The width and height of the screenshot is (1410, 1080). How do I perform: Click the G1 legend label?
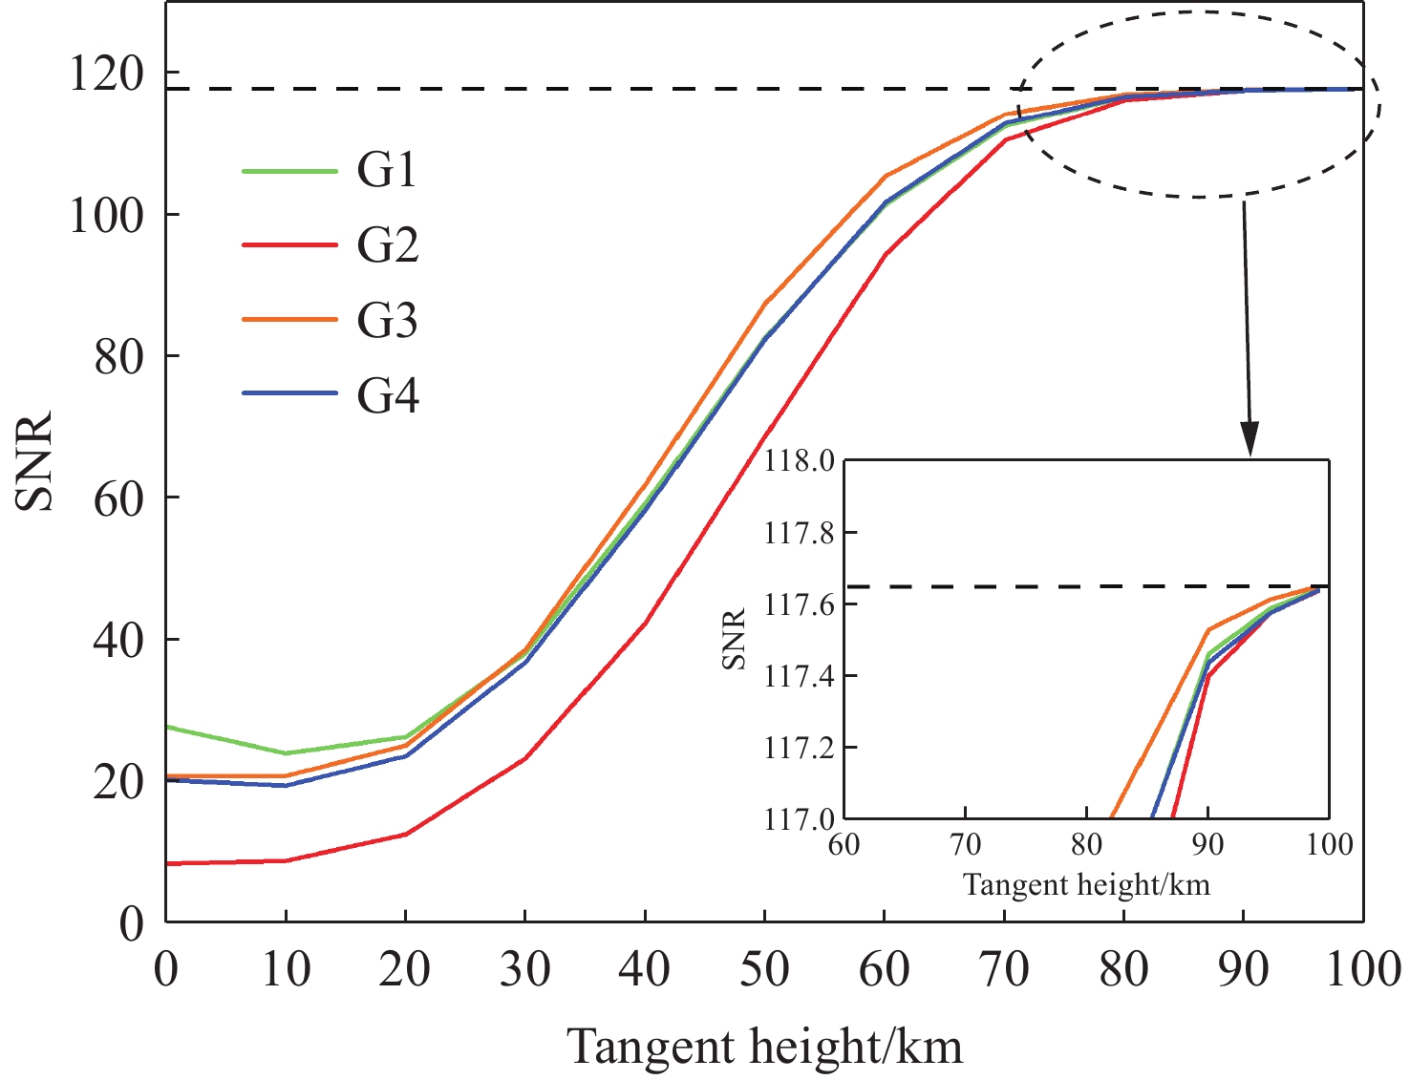click(387, 171)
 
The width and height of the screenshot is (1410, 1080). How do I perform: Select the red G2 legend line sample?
click(289, 245)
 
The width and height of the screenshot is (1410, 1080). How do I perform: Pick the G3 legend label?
click(387, 321)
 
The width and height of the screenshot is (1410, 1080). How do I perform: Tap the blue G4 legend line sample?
click(289, 394)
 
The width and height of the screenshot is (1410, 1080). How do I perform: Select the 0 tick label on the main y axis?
click(132, 923)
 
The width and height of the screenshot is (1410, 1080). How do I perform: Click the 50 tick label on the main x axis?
click(764, 970)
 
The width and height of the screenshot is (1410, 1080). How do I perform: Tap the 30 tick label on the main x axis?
click(524, 970)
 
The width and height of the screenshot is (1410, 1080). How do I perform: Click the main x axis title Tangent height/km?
click(764, 1047)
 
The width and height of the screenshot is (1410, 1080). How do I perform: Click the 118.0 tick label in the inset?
click(799, 461)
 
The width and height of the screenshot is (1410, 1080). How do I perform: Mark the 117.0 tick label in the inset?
click(799, 819)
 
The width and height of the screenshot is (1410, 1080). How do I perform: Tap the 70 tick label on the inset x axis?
click(965, 845)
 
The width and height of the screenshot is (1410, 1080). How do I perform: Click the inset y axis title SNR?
click(734, 639)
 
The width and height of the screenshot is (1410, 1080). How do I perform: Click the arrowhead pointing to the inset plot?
click(1250, 440)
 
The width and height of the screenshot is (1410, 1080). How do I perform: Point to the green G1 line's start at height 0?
click(168, 727)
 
